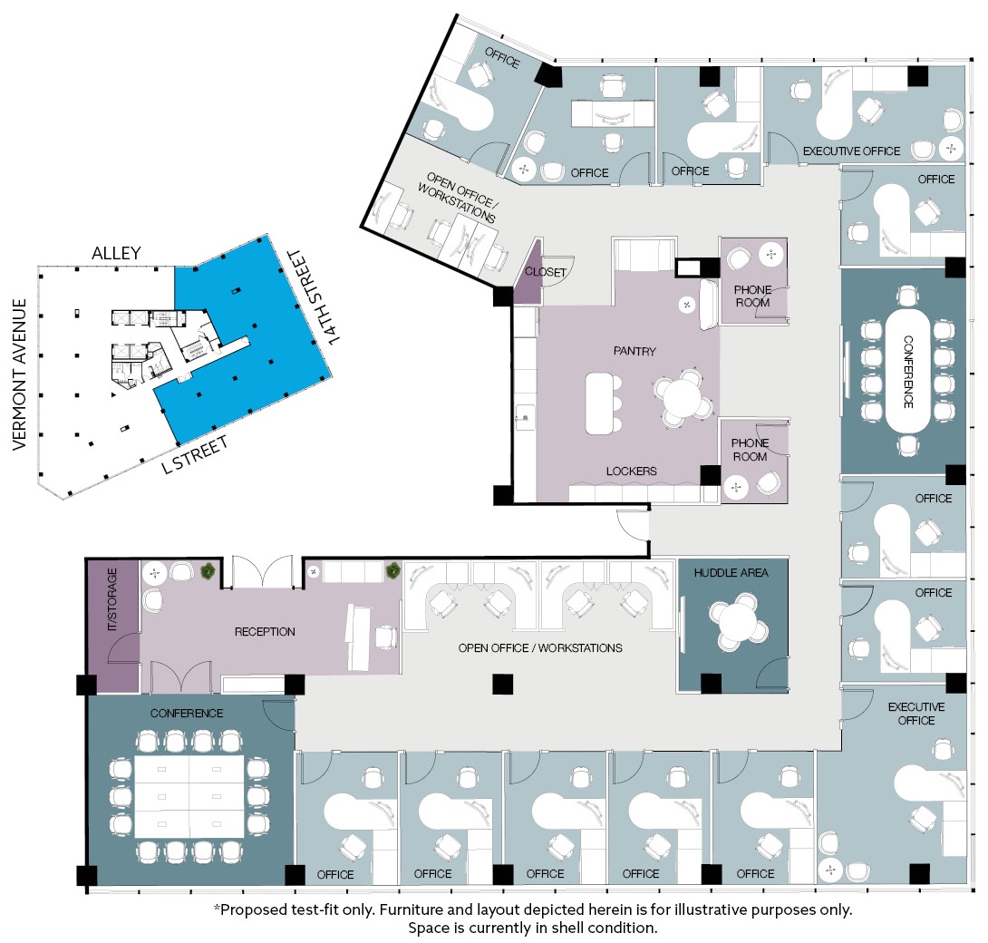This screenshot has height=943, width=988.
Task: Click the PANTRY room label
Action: (634, 351)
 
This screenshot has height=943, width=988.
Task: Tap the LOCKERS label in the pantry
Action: (632, 471)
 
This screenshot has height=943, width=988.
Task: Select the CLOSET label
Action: (546, 272)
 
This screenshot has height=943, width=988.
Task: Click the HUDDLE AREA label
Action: (731, 573)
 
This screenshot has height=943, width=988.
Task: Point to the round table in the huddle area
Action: (736, 623)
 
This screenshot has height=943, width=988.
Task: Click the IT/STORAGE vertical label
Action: (112, 601)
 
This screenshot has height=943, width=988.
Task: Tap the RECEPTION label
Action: (265, 632)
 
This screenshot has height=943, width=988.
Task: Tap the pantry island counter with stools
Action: (598, 403)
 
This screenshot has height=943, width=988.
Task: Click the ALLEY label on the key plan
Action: (116, 253)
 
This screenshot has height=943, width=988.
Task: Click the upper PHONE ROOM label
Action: (751, 296)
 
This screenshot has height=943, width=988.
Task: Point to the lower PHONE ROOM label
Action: (750, 450)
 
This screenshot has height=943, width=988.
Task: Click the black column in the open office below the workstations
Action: (502, 684)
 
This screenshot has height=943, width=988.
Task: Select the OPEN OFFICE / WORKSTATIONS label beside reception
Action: (540, 648)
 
